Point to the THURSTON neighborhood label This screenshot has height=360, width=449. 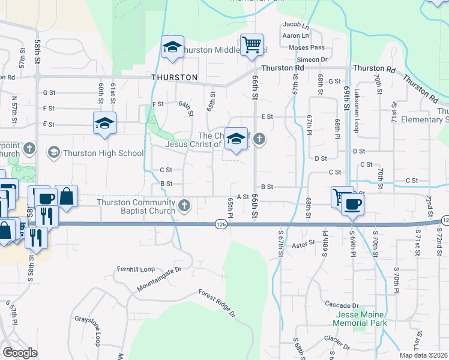[175, 77]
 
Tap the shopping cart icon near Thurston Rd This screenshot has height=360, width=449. [252, 44]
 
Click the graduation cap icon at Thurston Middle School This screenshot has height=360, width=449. [172, 47]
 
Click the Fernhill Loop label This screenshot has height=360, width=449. [136, 269]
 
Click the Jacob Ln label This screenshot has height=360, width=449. [295, 25]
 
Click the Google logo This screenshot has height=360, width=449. [20, 353]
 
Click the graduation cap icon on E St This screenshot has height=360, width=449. [104, 124]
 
